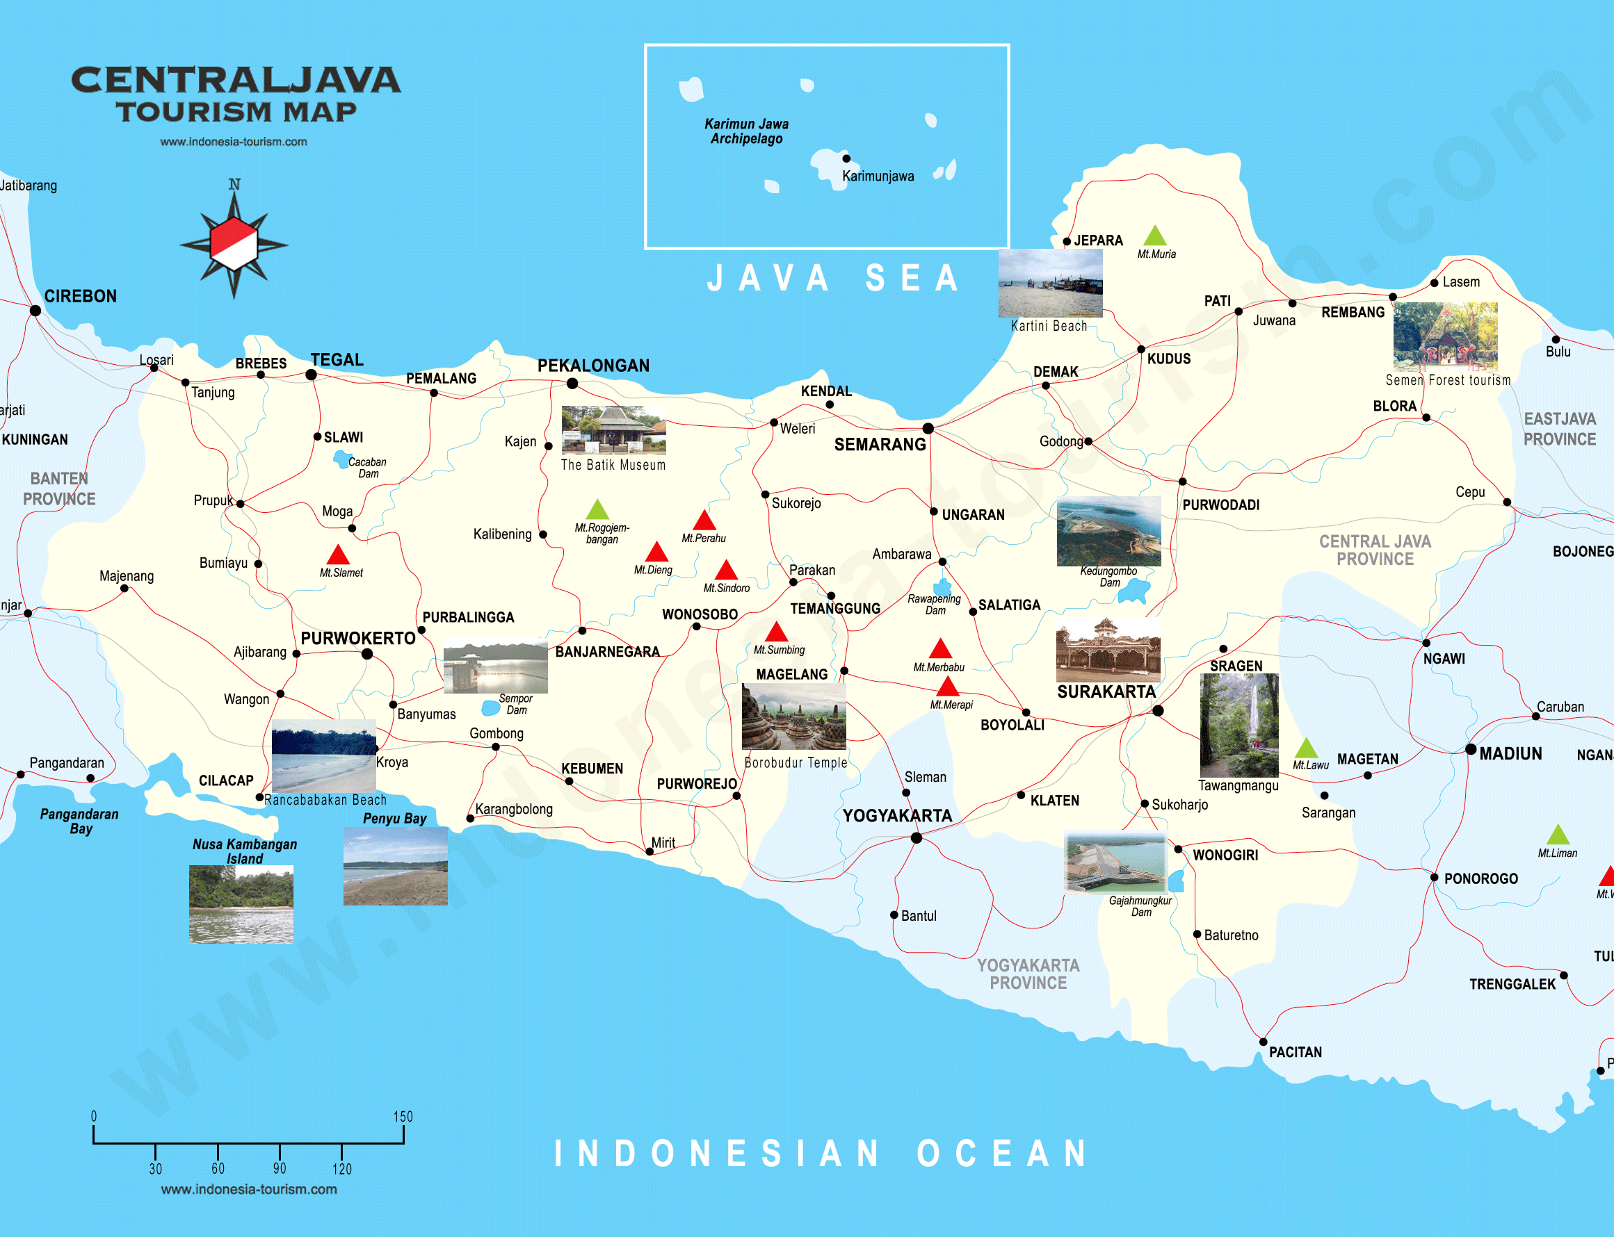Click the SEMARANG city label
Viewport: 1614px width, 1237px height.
[x=880, y=445]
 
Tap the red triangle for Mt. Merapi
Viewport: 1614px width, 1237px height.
[x=947, y=688]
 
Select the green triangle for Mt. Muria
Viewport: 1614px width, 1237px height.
[x=1154, y=236]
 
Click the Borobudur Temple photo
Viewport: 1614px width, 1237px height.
[x=793, y=716]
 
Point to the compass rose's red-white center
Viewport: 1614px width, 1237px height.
[x=234, y=245]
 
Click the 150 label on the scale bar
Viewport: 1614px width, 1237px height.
[x=403, y=1116]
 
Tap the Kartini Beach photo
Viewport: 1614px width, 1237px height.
[x=1050, y=283]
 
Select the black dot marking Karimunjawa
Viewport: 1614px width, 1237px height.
[x=846, y=158]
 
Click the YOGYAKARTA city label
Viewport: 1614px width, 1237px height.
[x=896, y=816]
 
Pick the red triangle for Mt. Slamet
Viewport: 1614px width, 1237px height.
[x=337, y=555]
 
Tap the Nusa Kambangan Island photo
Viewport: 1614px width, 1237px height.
[x=241, y=904]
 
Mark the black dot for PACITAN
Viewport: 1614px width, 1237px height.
[x=1264, y=1042]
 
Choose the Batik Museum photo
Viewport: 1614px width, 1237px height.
[x=613, y=430]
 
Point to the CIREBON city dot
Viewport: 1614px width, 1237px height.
[x=35, y=311]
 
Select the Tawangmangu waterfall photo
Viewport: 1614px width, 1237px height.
[x=1239, y=726]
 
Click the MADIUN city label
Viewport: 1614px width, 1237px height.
[x=1510, y=754]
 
